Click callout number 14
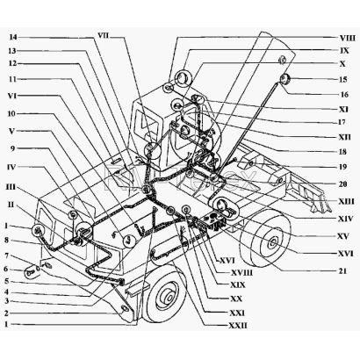[x=13, y=38]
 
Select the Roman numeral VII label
[x=103, y=36]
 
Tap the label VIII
[x=348, y=39]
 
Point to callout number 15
[x=343, y=80]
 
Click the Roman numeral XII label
[x=344, y=137]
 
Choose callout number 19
[x=342, y=167]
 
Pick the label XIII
[x=346, y=202]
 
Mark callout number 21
[x=342, y=271]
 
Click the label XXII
[x=238, y=325]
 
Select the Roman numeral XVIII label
[x=241, y=273]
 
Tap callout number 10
[x=11, y=113]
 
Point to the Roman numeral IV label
[x=12, y=167]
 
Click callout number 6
[x=6, y=270]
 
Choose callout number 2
[x=6, y=313]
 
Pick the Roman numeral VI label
[x=12, y=96]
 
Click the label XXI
[x=237, y=313]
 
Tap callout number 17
[x=342, y=122]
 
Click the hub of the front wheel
[x=169, y=298]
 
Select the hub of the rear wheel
[x=273, y=242]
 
